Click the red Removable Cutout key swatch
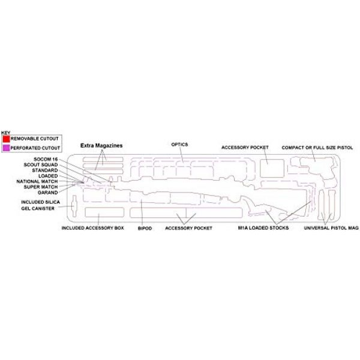click(6, 139)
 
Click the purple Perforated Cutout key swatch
click(6, 148)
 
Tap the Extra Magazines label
click(101, 146)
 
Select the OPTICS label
click(179, 145)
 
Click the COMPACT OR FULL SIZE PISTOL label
click(317, 148)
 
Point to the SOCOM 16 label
click(46, 159)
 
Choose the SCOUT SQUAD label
click(41, 164)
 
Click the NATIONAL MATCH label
click(37, 181)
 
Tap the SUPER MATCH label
click(41, 187)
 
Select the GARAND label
click(48, 193)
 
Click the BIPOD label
click(145, 229)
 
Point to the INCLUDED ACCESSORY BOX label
click(93, 228)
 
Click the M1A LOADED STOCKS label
click(263, 228)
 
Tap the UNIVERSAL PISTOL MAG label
click(331, 228)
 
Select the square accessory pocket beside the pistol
click(272, 168)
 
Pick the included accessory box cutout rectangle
click(104, 212)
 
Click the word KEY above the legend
click(5, 133)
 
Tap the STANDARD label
click(45, 170)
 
